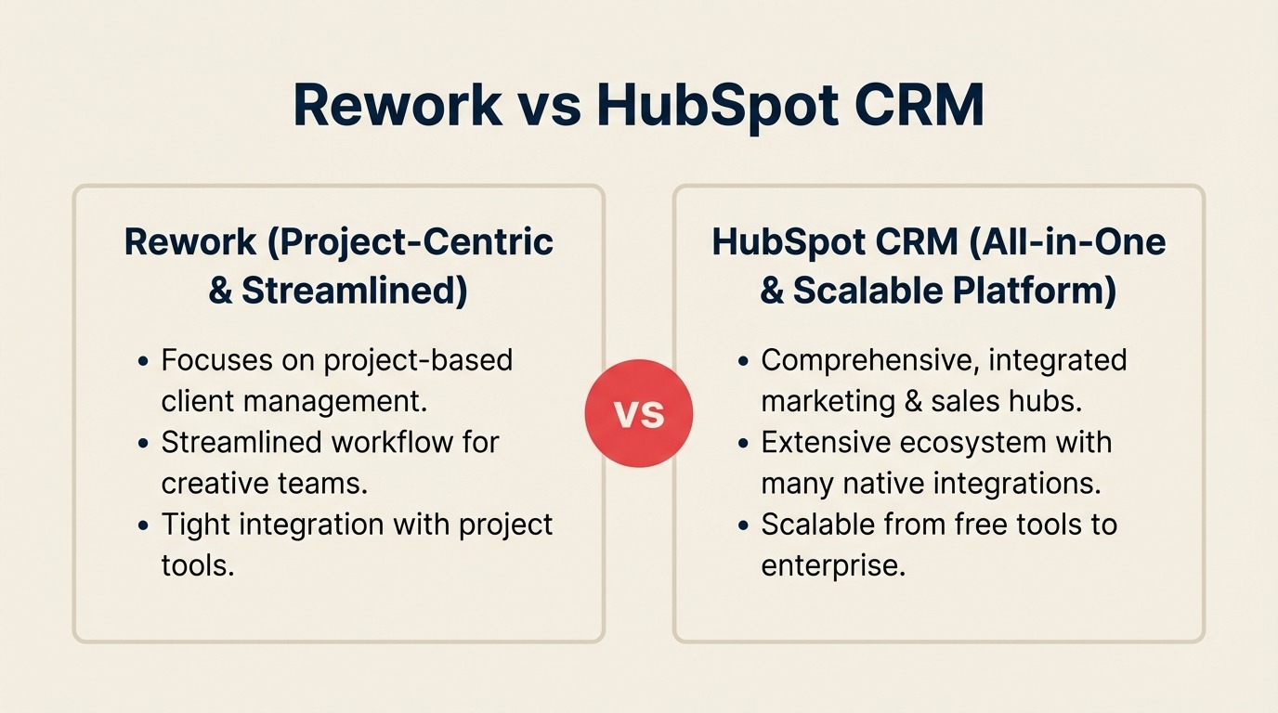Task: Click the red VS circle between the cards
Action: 639,413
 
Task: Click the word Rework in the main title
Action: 398,105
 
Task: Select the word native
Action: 878,484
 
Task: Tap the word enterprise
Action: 832,565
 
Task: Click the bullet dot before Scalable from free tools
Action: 743,525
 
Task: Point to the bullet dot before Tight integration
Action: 143,525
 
